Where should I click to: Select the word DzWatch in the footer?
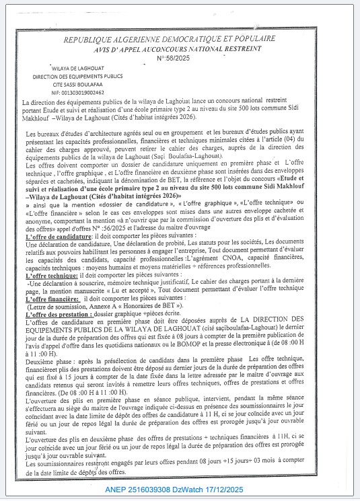224,490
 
